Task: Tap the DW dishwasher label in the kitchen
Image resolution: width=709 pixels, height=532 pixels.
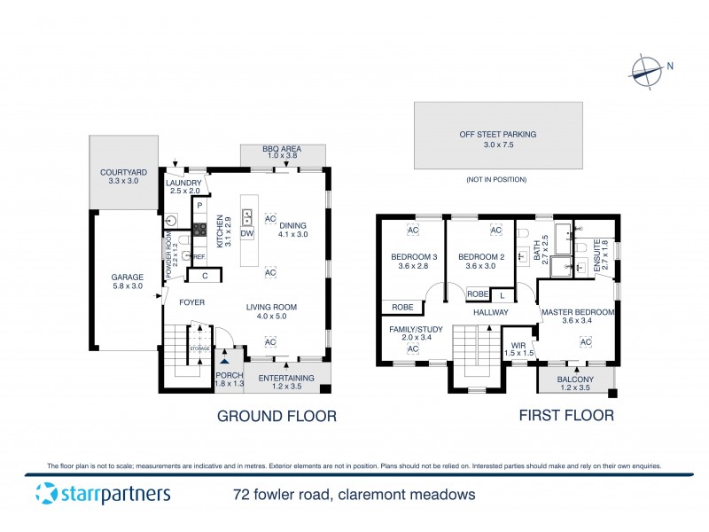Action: pyautogui.click(x=246, y=233)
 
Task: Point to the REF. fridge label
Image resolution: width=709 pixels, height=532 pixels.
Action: pyautogui.click(x=199, y=257)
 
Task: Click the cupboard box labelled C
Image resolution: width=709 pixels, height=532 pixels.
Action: pyautogui.click(x=205, y=276)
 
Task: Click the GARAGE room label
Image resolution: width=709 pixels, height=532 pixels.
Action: pyautogui.click(x=127, y=280)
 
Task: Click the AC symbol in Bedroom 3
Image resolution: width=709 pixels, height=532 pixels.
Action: pyautogui.click(x=412, y=231)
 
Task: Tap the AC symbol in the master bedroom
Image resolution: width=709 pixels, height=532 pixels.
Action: pyautogui.click(x=585, y=342)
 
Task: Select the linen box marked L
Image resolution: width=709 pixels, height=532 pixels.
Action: pyautogui.click(x=502, y=294)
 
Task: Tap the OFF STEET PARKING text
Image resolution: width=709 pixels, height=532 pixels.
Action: pyautogui.click(x=497, y=135)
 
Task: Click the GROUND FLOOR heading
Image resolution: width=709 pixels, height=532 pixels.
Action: pyautogui.click(x=277, y=415)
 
